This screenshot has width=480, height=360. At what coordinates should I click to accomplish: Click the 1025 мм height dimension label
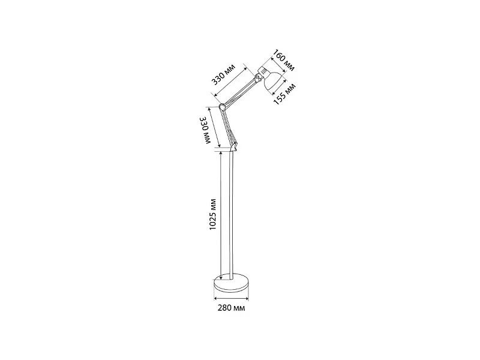pyautogui.click(x=213, y=214)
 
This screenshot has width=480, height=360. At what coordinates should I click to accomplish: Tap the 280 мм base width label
pyautogui.click(x=232, y=308)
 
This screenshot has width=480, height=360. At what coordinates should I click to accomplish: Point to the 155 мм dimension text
pyautogui.click(x=284, y=94)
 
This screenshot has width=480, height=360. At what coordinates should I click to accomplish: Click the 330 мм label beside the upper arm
pyautogui.click(x=224, y=74)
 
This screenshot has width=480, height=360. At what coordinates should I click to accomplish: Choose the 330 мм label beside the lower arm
pyautogui.click(x=205, y=130)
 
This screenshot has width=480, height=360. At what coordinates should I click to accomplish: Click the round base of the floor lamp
pyautogui.click(x=232, y=283)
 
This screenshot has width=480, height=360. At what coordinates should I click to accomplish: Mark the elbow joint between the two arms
pyautogui.click(x=222, y=107)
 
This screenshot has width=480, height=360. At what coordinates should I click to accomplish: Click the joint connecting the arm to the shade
pyautogui.click(x=258, y=79)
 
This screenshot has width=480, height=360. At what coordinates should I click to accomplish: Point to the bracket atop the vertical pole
pyautogui.click(x=233, y=148)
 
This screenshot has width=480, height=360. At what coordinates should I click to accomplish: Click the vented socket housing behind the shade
pyautogui.click(x=263, y=70)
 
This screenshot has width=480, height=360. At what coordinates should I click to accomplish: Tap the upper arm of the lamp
pyautogui.click(x=239, y=93)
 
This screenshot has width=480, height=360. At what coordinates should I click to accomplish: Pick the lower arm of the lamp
pyautogui.click(x=228, y=126)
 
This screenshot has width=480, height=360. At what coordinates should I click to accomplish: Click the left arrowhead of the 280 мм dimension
pyautogui.click(x=215, y=298)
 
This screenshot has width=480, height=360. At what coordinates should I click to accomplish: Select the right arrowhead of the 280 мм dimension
pyautogui.click(x=247, y=298)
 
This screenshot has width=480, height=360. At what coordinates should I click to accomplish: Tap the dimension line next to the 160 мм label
pyautogui.click(x=278, y=65)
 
